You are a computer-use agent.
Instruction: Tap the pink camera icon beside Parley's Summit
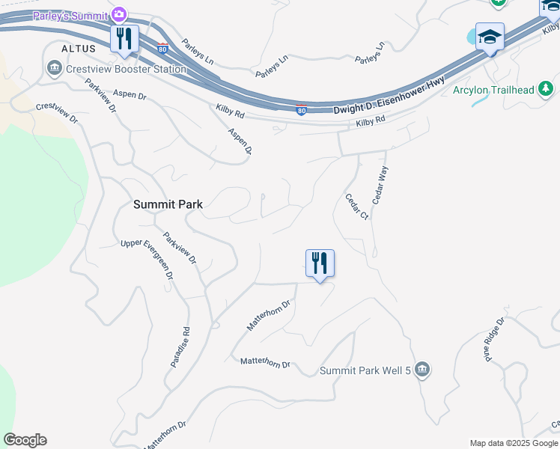point(118,14)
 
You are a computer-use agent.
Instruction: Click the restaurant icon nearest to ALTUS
point(124,38)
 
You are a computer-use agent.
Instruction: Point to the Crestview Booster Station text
point(126,70)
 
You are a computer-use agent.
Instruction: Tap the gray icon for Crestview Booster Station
point(54,70)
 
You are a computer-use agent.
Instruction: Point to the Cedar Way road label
point(380,186)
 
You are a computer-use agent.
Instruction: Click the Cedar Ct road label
point(356,207)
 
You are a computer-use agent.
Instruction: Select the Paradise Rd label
point(180,346)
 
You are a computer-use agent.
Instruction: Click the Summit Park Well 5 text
point(365,370)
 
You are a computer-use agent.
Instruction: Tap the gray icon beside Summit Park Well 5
point(422,369)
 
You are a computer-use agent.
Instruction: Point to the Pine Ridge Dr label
point(496,338)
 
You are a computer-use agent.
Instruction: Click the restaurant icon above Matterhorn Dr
point(320,263)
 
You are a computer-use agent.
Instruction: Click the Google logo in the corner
point(25,440)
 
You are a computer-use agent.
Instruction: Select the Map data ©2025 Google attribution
point(514,443)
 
